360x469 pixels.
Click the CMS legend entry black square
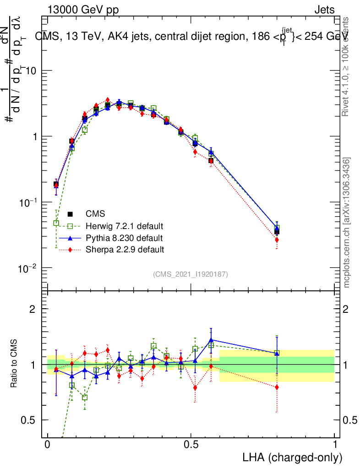pos(70,214)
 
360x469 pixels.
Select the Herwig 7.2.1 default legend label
pos(125,226)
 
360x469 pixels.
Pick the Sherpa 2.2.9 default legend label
pos(125,250)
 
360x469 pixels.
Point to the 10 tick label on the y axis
pos(31,71)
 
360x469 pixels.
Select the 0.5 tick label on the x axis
pos(191,445)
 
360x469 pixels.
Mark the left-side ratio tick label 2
pos(32,309)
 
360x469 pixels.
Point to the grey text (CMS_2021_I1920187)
pos(191,274)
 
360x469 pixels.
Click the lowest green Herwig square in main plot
pos(56,223)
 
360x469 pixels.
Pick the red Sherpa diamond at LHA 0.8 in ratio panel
pos(277,387)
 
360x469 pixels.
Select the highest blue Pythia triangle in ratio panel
pos(211,340)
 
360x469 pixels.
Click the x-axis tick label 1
pos(335,445)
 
